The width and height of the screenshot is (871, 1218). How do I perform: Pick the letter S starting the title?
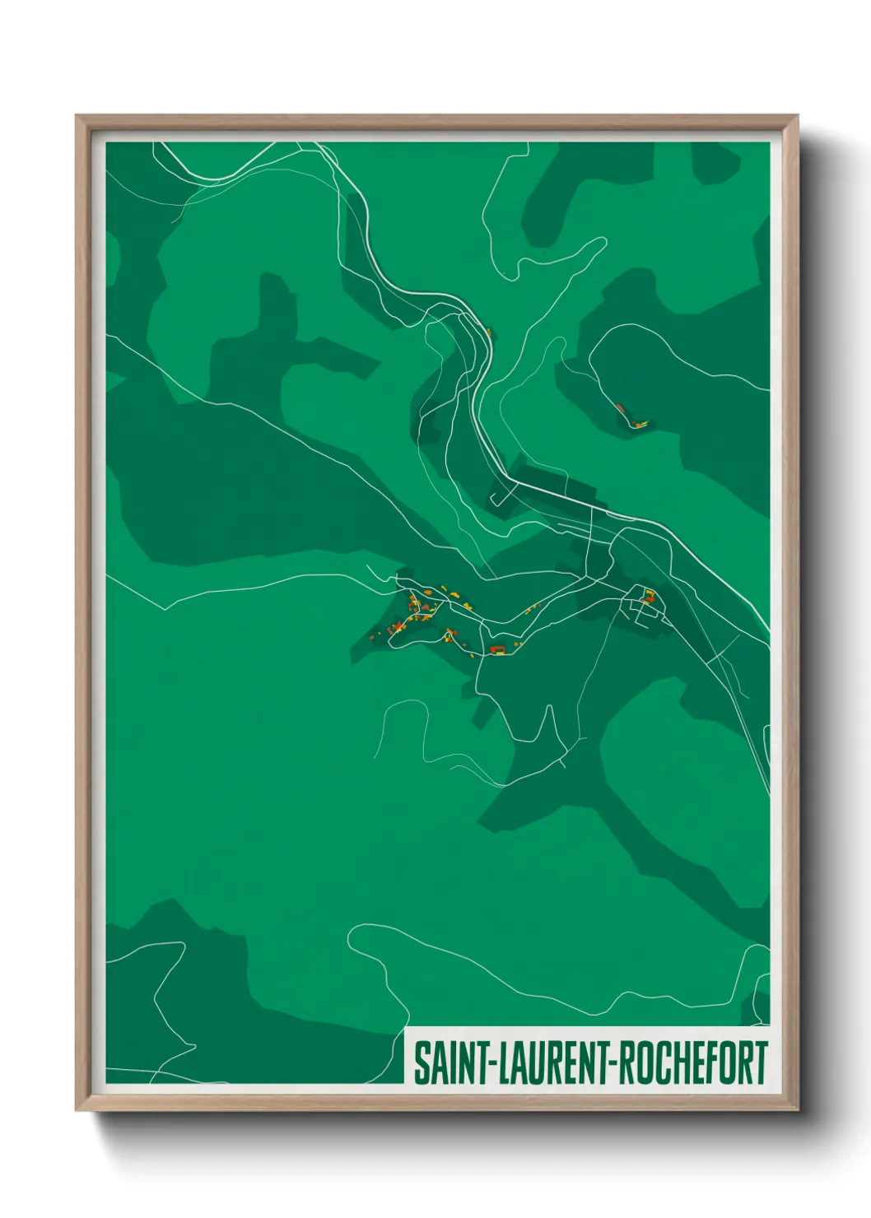click(x=421, y=1063)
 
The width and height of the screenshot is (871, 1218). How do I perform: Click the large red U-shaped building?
click(x=496, y=650)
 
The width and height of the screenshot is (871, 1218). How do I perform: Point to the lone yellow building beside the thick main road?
click(x=488, y=332)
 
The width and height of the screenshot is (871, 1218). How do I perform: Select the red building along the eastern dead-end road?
click(x=620, y=407)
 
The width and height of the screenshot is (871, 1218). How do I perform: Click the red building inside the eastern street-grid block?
click(x=648, y=596)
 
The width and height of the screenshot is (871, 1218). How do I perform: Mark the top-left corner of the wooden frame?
click(x=77, y=116)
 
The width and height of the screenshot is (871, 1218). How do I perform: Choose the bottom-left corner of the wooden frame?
click(x=77, y=1110)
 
